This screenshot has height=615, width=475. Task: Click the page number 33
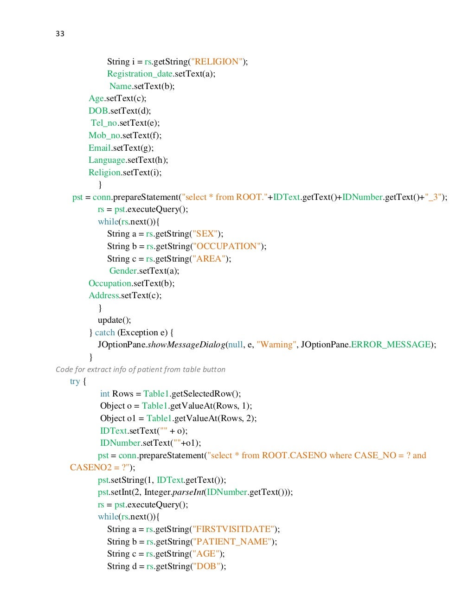pos(60,33)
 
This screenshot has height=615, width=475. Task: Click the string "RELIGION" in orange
pos(217,62)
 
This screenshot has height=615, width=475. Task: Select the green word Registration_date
pos(140,74)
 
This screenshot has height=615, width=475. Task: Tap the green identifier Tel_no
pos(103,123)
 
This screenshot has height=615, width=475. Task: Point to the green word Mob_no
pos(104,135)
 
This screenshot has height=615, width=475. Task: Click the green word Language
pos(107,160)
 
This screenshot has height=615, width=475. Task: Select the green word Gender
pos(123,271)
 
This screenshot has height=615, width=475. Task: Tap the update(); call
pos(114,320)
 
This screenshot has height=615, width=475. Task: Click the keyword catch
pos(105,333)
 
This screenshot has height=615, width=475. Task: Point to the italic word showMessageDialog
pos(186,345)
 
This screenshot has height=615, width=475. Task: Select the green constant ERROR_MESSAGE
pos(391,345)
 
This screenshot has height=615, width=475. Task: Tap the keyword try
pos(75,381)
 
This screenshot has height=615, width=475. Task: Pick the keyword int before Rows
pos(105,394)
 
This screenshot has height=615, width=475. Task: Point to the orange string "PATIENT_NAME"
pos(231,542)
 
